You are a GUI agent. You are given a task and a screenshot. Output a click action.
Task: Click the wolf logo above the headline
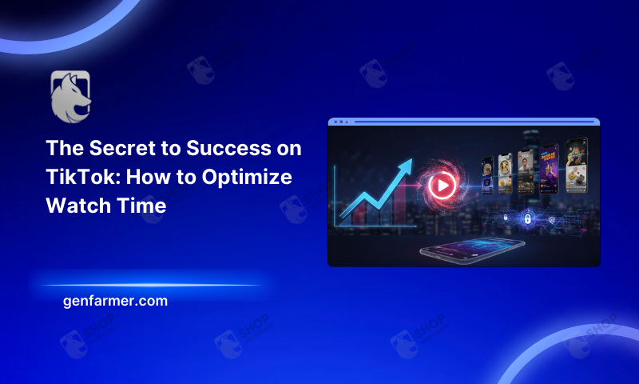[x=71, y=96]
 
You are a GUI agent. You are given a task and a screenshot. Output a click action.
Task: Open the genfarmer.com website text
[x=115, y=302]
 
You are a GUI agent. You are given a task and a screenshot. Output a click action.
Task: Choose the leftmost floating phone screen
[x=486, y=176]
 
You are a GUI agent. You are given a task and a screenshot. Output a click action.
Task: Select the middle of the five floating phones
[x=525, y=171]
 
